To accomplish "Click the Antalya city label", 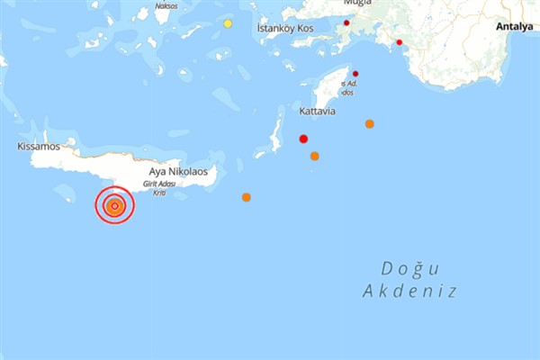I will [x=516, y=27].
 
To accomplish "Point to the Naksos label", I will [x=166, y=4].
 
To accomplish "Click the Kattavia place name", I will [x=317, y=112].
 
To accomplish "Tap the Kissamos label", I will [x=38, y=146].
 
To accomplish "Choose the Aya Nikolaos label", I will [x=180, y=171].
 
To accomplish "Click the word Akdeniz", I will [x=409, y=292].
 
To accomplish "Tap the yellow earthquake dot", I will [x=229, y=23].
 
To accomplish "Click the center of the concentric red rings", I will [x=114, y=206].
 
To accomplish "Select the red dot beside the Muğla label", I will [x=346, y=22].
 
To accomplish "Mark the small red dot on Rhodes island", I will [x=355, y=73].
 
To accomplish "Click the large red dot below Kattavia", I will [x=303, y=139].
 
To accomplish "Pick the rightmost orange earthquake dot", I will [x=369, y=123].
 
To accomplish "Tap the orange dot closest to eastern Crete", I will [x=246, y=197].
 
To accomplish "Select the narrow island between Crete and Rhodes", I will [x=276, y=134].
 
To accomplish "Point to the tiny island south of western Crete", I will [x=65, y=193].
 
